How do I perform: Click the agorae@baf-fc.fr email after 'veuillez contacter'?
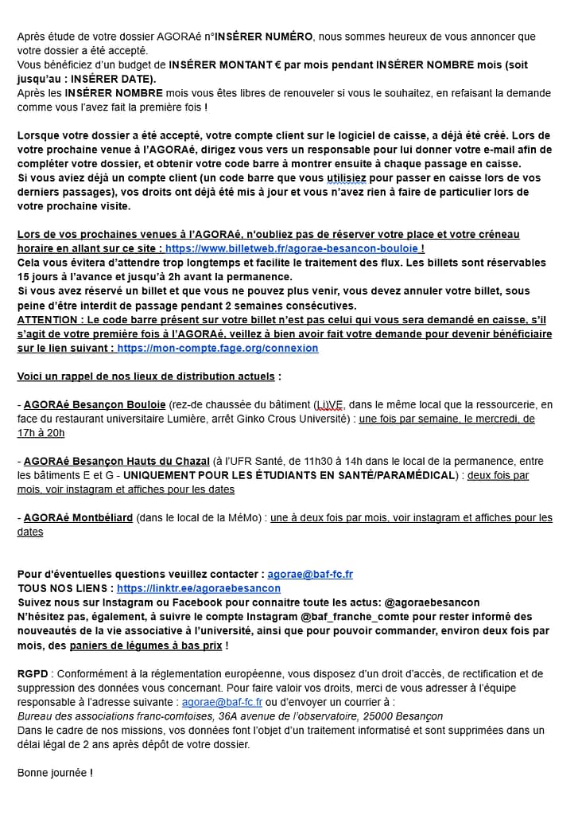point(310,574)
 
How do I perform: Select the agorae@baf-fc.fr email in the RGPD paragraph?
point(222,703)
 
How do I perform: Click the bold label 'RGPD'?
point(33,674)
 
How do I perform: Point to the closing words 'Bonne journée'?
point(52,773)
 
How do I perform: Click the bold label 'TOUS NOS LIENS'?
point(64,588)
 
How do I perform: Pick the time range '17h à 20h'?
point(41,433)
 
